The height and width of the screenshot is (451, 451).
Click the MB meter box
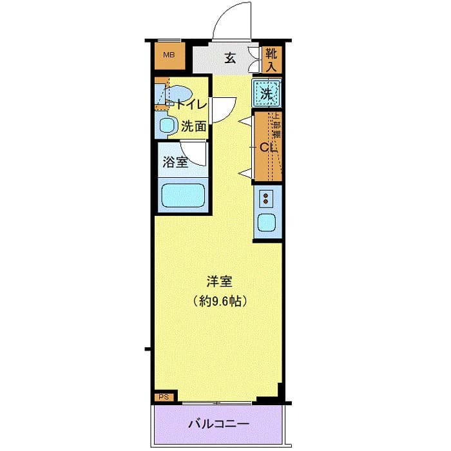click(169, 55)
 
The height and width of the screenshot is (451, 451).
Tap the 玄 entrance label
click(229, 58)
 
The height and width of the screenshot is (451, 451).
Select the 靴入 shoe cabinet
click(271, 59)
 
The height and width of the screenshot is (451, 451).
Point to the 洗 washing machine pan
click(267, 92)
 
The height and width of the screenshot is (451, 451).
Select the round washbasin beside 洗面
click(167, 126)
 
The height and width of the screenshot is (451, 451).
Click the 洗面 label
click(193, 127)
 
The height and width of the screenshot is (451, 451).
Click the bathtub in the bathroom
click(183, 195)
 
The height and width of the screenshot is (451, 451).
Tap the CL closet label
click(267, 147)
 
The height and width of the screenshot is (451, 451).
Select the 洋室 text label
click(219, 282)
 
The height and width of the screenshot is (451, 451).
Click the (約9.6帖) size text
click(220, 300)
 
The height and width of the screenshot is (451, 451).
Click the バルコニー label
click(218, 425)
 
